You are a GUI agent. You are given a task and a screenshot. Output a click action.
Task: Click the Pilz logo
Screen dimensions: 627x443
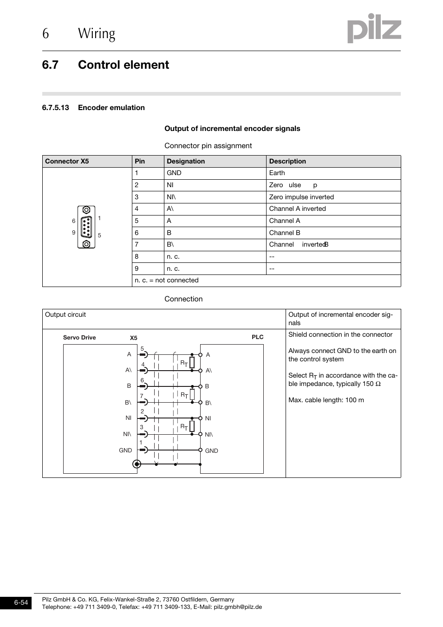click(374, 29)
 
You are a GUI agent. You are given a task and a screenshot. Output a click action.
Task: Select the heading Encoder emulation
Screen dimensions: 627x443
click(111, 108)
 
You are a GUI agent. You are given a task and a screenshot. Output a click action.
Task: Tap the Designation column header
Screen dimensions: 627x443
click(186, 161)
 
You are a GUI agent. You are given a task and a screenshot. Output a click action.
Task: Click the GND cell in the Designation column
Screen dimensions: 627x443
click(174, 173)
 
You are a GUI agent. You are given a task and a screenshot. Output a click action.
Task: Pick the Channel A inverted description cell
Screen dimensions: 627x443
click(298, 209)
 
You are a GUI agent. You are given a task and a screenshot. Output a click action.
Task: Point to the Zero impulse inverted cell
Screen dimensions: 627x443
click(301, 197)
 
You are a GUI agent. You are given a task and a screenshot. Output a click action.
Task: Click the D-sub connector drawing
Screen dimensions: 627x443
click(86, 227)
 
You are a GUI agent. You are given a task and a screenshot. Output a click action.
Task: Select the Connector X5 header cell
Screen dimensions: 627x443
click(67, 161)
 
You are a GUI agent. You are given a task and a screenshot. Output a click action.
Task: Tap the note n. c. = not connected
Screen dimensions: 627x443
click(167, 281)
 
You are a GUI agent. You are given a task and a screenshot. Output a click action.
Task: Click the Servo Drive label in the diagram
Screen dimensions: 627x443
click(79, 338)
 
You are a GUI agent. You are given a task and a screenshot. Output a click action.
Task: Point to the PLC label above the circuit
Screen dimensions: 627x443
click(257, 337)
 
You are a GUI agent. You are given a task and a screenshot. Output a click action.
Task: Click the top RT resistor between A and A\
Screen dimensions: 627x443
click(192, 362)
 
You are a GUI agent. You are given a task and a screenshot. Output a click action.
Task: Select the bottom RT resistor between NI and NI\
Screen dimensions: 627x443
click(192, 426)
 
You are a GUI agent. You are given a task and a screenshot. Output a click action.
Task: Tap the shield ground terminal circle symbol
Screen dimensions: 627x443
click(137, 464)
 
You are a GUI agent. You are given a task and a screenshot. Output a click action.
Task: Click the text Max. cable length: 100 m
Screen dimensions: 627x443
click(326, 400)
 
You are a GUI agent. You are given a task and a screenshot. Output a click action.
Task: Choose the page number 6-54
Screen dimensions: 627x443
click(21, 603)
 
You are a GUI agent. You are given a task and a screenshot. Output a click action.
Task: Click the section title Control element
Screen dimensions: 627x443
click(124, 65)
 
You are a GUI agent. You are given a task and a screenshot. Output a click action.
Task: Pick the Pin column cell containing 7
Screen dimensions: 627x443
click(137, 245)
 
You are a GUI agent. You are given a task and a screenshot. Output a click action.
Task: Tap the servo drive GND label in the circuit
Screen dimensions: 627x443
click(125, 450)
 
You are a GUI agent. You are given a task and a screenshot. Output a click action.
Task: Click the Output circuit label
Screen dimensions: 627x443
click(65, 315)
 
